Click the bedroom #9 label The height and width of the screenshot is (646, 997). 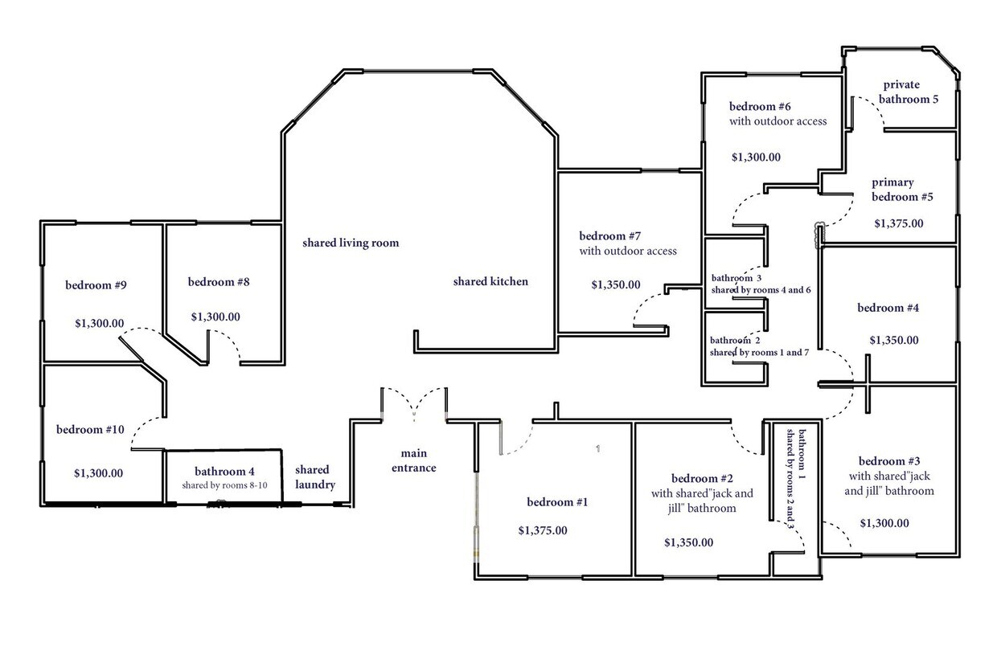coord(96,284)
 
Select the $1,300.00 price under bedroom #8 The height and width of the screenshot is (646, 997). coord(215,317)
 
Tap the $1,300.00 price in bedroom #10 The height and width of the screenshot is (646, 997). coord(98,473)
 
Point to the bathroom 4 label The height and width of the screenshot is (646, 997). coord(224,471)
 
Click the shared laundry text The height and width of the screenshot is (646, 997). coord(312,477)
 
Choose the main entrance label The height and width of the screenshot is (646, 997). coord(413,461)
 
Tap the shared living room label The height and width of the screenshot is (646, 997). coord(351,243)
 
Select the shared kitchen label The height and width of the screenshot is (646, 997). coord(490,281)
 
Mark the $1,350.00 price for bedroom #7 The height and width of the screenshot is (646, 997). coord(616,284)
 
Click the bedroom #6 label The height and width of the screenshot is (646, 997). coord(761,106)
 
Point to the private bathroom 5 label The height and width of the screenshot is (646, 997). coord(907,92)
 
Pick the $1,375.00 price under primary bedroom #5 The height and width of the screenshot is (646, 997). coord(899,223)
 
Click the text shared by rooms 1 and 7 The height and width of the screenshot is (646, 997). coord(759,352)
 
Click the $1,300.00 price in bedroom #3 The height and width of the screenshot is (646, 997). coord(884,523)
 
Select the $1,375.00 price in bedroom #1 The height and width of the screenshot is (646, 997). coord(543,530)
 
